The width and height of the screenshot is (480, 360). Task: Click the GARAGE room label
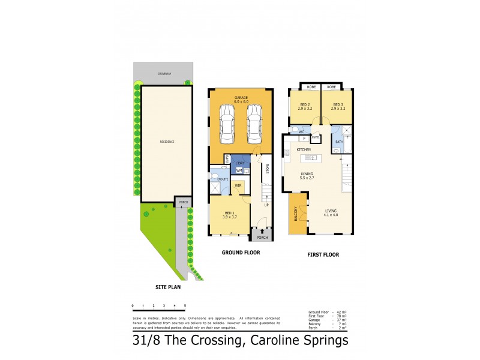pos(241,97)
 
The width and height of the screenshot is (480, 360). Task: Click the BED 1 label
pos(229,213)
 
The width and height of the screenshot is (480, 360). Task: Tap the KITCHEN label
pos(304,149)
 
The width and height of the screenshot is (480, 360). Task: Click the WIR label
pos(238,185)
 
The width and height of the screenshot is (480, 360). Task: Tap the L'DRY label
pos(239,163)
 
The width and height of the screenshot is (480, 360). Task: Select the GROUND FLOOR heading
pos(241,253)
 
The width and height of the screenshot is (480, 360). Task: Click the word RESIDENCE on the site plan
pos(166,142)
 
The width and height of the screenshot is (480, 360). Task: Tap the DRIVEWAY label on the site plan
pos(164,73)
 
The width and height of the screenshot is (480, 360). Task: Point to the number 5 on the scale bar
pos(185,306)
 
